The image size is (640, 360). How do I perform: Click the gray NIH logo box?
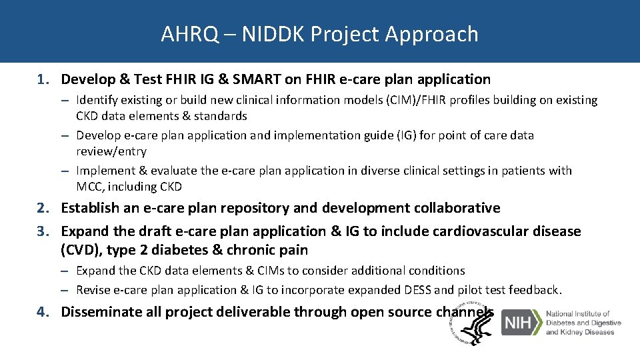pyautogui.click(x=521, y=323)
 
